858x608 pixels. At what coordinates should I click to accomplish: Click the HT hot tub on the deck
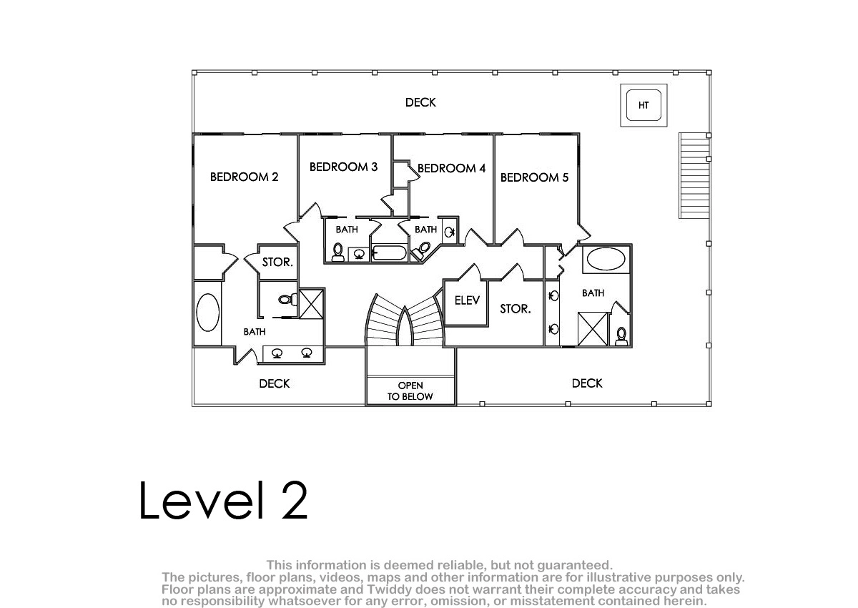point(643,105)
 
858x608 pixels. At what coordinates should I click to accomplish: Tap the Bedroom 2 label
point(244,177)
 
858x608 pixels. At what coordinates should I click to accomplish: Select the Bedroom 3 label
point(343,167)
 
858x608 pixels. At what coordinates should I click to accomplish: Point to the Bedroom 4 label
point(451,168)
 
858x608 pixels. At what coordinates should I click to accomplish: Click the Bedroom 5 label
point(534,177)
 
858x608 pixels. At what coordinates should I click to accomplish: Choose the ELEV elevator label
point(467,300)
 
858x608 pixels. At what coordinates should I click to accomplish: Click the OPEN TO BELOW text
point(410,391)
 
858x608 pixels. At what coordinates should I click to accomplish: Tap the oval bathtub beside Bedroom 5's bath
point(606,259)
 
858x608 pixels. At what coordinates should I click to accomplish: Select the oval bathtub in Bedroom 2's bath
point(207,313)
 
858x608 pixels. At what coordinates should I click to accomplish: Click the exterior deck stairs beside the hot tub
point(694,176)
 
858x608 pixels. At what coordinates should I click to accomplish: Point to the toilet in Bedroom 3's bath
point(337,252)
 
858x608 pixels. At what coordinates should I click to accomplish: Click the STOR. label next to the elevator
point(516,309)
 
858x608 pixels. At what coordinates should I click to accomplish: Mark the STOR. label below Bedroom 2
point(277,262)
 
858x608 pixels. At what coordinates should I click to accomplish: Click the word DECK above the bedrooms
point(420,102)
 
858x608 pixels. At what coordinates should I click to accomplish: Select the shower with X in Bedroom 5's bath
point(593,329)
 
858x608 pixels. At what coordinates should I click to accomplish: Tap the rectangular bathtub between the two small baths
point(389,253)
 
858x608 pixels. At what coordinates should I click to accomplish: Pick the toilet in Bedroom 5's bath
point(621,336)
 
